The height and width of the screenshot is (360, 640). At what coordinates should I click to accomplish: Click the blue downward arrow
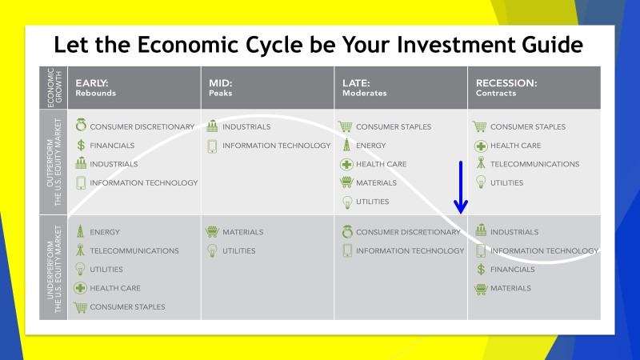tap(461, 187)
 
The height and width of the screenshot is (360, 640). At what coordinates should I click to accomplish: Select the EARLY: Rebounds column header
tap(95, 88)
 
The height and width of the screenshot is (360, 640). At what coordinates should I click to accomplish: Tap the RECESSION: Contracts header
tap(506, 88)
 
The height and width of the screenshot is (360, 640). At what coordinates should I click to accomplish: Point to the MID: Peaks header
tap(221, 88)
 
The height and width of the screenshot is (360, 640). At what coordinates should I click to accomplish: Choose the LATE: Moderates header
tap(365, 88)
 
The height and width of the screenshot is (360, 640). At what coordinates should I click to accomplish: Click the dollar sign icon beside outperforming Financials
tap(81, 146)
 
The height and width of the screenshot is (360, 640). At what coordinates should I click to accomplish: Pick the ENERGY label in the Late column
tap(370, 146)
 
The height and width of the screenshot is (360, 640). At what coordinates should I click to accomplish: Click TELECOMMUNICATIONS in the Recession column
tap(534, 164)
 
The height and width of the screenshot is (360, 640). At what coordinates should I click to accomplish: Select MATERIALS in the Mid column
tap(243, 232)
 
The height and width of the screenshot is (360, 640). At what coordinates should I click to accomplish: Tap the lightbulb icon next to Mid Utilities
tap(212, 250)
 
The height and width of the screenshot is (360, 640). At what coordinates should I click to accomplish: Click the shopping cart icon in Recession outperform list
tap(479, 126)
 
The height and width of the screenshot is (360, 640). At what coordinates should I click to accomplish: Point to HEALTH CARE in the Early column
tap(115, 288)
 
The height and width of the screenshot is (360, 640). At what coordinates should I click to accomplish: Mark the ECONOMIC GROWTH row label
tap(54, 88)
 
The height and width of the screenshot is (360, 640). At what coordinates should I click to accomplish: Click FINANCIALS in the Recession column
tap(512, 270)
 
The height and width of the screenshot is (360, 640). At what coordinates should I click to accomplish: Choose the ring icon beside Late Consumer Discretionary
tap(347, 231)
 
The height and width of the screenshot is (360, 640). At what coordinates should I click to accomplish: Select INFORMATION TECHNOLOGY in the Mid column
tap(276, 146)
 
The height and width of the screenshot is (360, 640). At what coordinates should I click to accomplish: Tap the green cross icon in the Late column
tap(346, 164)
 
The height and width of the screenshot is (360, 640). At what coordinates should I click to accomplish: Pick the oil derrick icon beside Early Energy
tap(81, 231)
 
